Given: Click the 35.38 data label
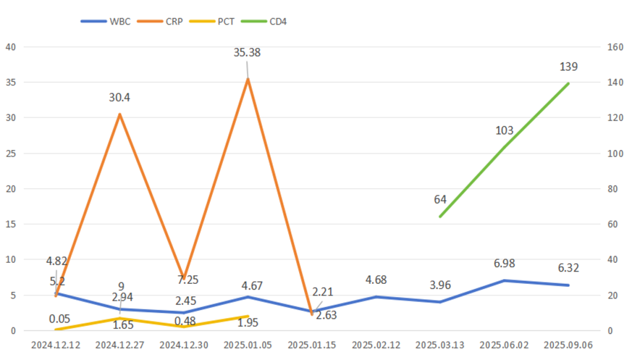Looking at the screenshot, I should click(x=247, y=53).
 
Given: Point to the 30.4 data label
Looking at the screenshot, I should click(x=119, y=97).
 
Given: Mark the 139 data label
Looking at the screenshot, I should click(x=568, y=67).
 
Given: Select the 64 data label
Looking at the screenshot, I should click(x=440, y=200).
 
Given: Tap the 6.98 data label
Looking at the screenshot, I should click(x=504, y=264).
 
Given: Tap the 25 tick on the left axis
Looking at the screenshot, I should click(x=11, y=153).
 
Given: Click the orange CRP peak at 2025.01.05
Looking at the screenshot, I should click(x=248, y=79).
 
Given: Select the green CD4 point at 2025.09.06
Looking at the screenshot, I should click(x=568, y=84).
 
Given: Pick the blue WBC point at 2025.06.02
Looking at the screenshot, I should click(x=504, y=280).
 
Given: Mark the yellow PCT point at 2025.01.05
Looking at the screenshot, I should click(x=248, y=316).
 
